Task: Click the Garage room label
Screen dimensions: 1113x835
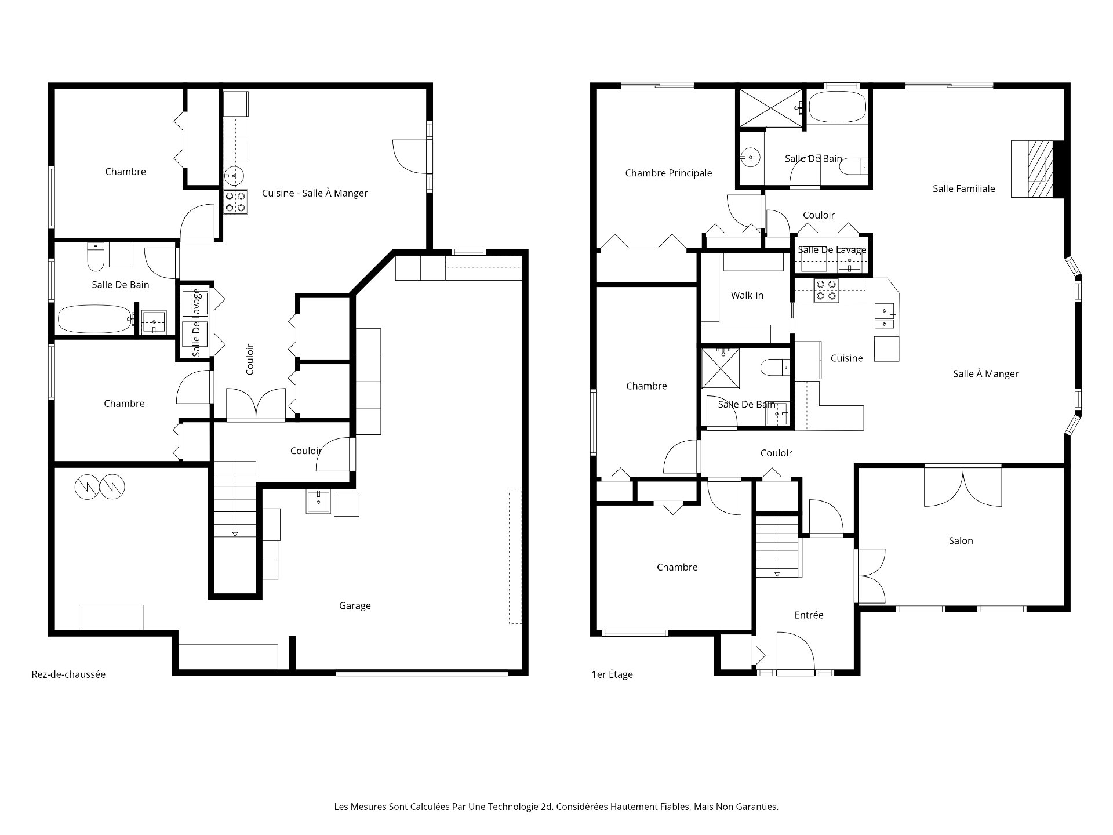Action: (355, 605)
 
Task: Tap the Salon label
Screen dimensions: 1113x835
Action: (961, 540)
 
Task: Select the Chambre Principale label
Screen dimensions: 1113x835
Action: (668, 173)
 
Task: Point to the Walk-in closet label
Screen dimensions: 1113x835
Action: (747, 295)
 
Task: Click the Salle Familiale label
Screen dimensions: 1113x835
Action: (963, 188)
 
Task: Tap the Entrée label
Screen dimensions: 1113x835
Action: (809, 615)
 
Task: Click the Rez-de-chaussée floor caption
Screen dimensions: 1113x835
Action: (68, 674)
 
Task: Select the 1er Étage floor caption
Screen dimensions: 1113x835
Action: (612, 674)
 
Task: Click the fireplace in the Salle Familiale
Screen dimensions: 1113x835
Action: (1038, 169)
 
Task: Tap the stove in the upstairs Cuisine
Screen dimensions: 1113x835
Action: (826, 290)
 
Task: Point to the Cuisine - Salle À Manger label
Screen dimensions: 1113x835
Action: (315, 193)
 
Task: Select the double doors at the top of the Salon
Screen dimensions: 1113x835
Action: (963, 486)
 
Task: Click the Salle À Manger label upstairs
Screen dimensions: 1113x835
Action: (985, 373)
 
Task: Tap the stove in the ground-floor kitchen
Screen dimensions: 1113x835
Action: (235, 202)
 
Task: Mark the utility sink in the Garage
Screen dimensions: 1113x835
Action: (318, 502)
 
